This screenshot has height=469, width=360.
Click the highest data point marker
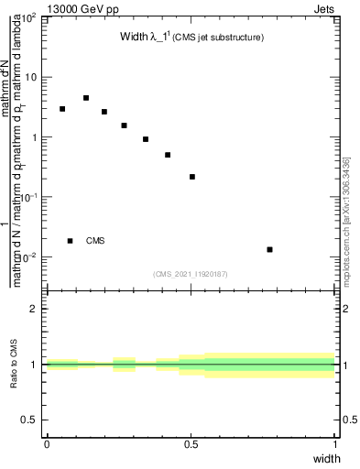[x=86, y=98]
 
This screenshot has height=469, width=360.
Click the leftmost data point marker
[x=62, y=109]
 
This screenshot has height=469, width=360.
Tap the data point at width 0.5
[x=192, y=177]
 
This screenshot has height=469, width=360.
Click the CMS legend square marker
[x=71, y=241]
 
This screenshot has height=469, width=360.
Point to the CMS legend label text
[x=95, y=241]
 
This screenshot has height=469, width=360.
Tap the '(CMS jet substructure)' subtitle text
[x=220, y=38]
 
